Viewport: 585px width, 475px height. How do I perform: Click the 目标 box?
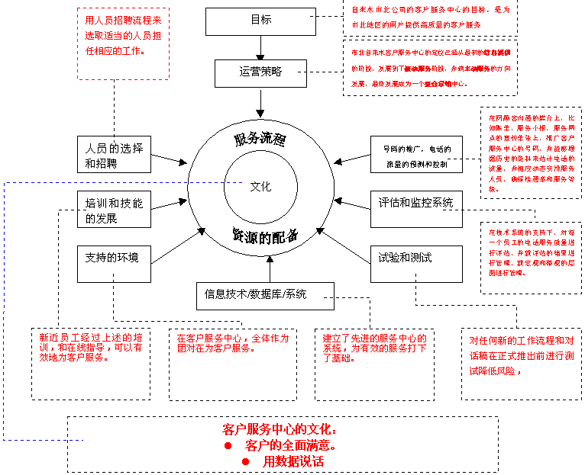point(260,21)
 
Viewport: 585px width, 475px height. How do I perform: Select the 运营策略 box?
point(260,72)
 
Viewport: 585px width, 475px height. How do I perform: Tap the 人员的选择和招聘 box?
point(115,155)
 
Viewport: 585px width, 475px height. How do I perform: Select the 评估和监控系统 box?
point(415,204)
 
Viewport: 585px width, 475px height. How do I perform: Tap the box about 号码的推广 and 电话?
point(415,156)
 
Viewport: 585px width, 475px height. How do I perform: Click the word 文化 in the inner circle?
point(260,187)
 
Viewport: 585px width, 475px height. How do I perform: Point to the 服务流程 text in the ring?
point(260,139)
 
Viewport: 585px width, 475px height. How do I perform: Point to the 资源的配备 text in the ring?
point(264,236)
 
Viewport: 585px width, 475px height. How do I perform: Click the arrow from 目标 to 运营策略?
point(260,47)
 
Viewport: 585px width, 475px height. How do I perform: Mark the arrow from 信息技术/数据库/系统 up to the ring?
point(269,268)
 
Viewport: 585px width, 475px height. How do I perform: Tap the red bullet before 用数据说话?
point(246,462)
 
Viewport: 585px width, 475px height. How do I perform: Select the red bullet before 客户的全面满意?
point(228,445)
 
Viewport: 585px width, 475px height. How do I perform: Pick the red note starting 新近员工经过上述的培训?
point(90,347)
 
